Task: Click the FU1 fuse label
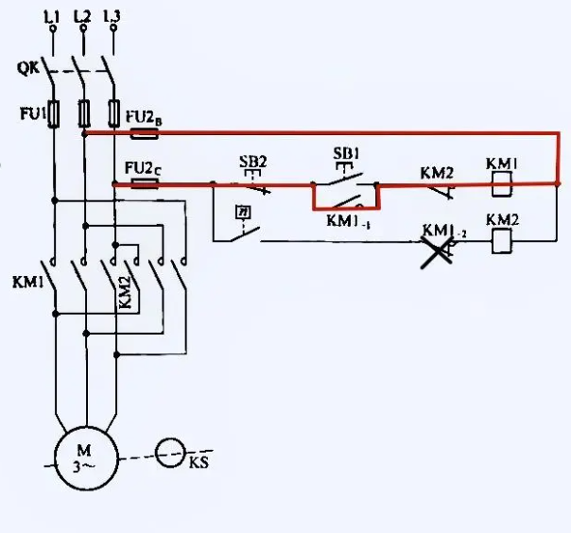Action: [31, 113]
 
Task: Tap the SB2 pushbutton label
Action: [252, 162]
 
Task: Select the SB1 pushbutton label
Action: [347, 151]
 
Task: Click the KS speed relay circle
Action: [170, 454]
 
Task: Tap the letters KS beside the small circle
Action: [199, 463]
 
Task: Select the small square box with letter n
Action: [243, 213]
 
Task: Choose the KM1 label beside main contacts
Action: [26, 283]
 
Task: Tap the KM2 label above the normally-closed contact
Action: [437, 173]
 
